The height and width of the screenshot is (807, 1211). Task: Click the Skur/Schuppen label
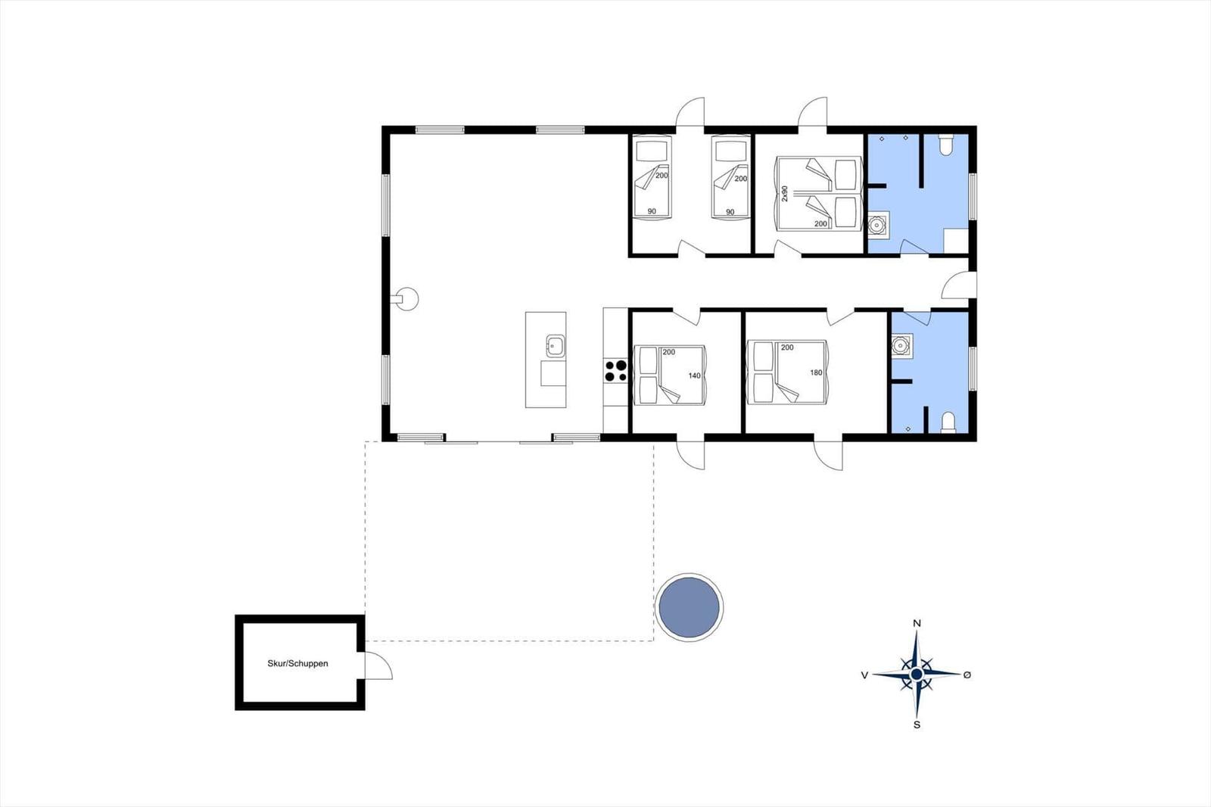click(297, 663)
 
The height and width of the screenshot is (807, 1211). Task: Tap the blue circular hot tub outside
click(690, 607)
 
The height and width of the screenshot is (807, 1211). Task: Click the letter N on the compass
click(917, 623)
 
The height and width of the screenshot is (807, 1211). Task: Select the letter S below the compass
click(917, 724)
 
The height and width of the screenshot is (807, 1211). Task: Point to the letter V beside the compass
click(864, 675)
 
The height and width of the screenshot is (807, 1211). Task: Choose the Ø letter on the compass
click(968, 675)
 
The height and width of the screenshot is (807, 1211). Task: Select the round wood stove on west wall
click(406, 298)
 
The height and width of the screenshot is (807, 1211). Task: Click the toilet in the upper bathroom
click(945, 145)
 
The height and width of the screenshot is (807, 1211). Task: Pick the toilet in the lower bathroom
click(948, 422)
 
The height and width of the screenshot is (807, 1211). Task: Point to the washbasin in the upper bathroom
click(878, 224)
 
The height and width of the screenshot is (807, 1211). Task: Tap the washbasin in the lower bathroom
click(901, 346)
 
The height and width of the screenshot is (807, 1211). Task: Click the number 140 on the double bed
click(694, 375)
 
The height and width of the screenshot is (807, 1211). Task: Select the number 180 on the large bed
click(816, 372)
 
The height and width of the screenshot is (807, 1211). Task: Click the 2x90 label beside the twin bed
click(785, 193)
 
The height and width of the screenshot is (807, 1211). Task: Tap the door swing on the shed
click(378, 665)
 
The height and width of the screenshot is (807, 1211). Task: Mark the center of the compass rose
click(917, 675)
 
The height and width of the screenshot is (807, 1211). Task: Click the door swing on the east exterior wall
click(959, 285)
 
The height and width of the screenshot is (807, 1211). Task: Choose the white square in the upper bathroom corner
click(956, 240)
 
